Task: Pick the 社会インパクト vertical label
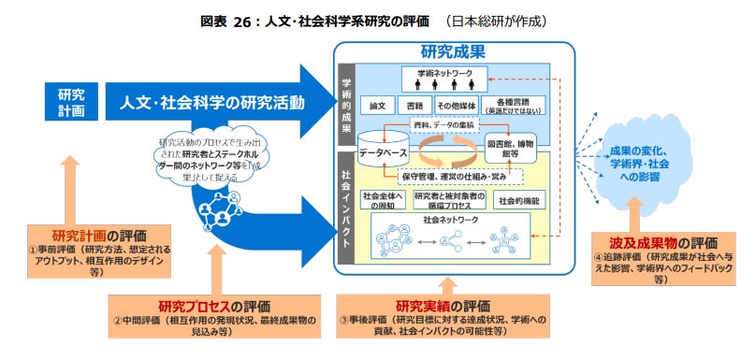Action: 346,206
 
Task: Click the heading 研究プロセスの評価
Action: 214,305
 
